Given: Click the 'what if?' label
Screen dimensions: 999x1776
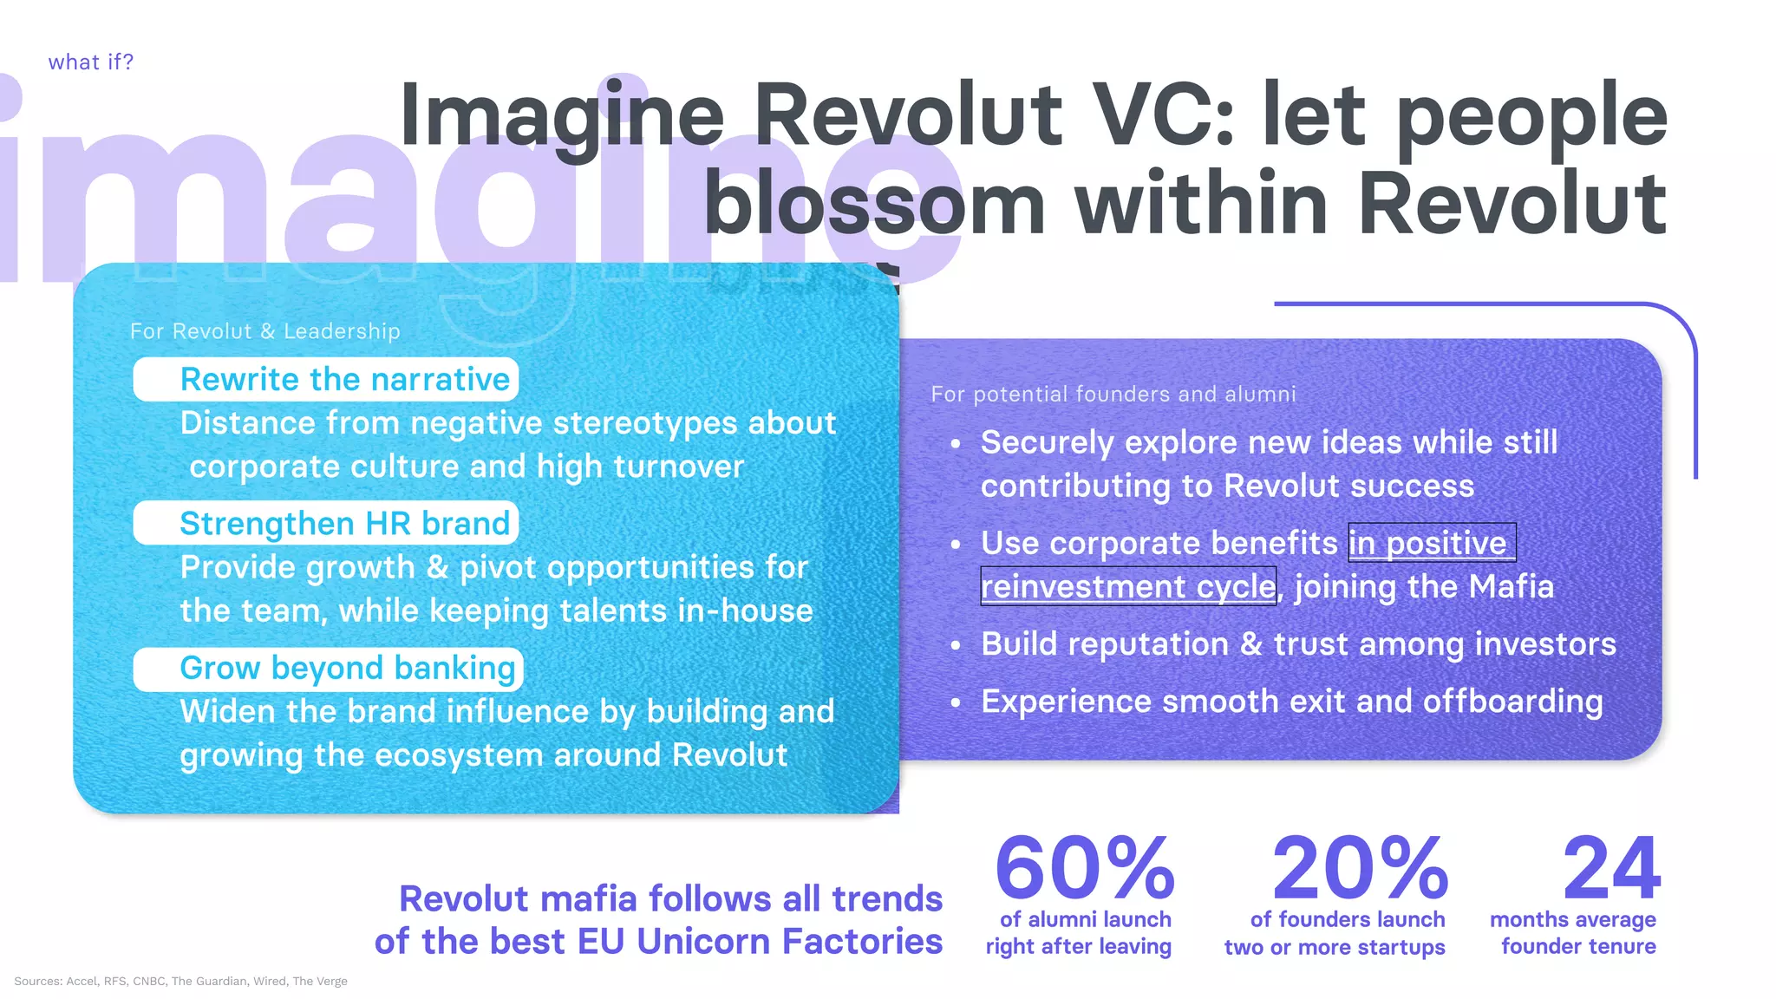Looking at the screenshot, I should point(90,62).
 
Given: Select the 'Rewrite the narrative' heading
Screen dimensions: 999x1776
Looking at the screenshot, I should point(344,380).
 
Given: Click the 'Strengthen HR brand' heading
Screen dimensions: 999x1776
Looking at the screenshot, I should point(344,524).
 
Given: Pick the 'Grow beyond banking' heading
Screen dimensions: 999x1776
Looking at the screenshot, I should point(347,669).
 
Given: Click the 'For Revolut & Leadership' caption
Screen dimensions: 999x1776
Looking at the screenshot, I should point(264,331).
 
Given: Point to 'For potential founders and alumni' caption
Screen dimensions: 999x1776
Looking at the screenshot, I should point(1113,395).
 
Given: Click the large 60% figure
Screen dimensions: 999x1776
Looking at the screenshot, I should point(1084,868).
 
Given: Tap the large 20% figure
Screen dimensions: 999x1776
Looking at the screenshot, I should point(1359,868).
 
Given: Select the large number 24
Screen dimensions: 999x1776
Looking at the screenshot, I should point(1610,868).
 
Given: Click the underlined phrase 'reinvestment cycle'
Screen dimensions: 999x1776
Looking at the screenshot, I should point(1127,587).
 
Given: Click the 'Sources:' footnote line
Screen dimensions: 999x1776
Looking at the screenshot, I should point(180,981).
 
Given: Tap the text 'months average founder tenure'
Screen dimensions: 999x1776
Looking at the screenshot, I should point(1574,932).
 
